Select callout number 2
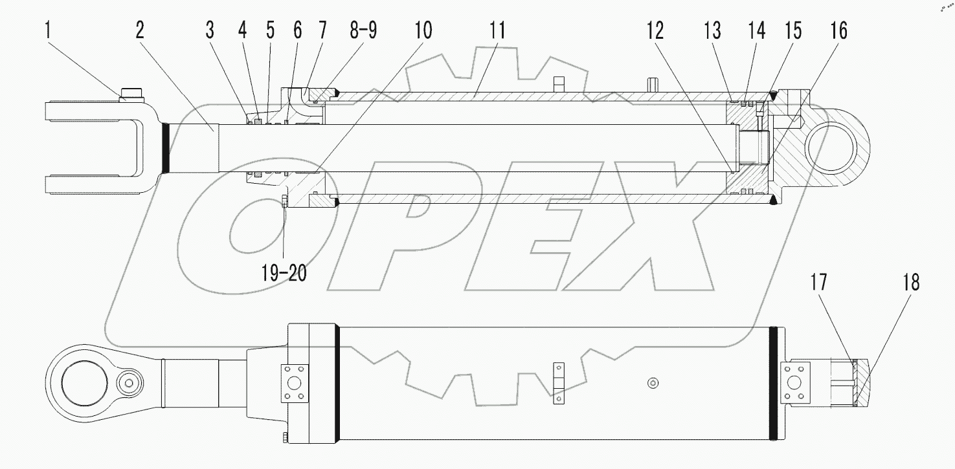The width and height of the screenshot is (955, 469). (141, 30)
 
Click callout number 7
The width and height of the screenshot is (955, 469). (322, 30)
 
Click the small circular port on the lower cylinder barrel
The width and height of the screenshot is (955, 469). (653, 383)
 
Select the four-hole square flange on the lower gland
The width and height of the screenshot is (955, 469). (293, 383)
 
